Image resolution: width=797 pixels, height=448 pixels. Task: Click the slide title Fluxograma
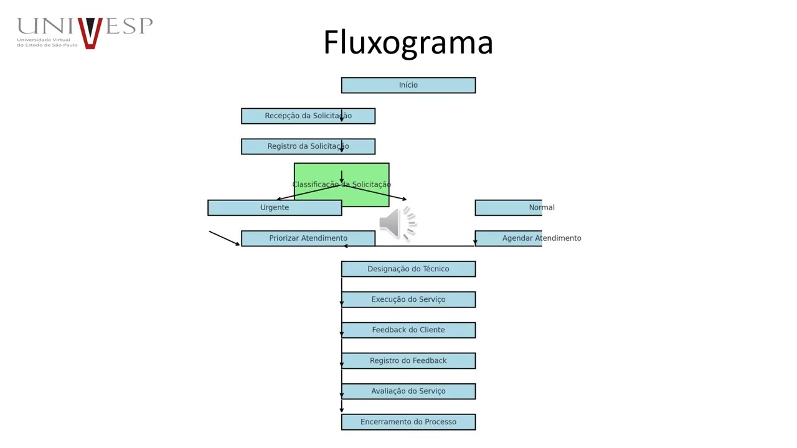tap(408, 42)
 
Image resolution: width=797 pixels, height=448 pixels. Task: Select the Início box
tap(408, 85)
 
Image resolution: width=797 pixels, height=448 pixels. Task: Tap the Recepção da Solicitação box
tap(308, 116)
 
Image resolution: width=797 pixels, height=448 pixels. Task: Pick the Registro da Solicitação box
tap(308, 146)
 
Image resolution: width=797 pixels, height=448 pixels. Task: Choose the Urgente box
tap(275, 208)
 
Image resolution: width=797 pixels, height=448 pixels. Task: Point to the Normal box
tap(509, 208)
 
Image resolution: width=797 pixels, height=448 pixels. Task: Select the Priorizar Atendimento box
tap(308, 238)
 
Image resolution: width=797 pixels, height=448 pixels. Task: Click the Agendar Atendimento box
tap(509, 238)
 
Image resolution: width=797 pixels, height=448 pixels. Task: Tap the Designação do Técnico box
tap(408, 269)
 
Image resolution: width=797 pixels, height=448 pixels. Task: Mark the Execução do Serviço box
tap(408, 299)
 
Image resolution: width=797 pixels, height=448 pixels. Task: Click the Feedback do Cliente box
tap(408, 330)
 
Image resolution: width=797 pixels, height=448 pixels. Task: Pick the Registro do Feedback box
tap(408, 361)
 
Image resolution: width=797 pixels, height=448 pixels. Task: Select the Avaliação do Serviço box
tap(408, 391)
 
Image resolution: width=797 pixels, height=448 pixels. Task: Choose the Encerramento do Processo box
tap(408, 422)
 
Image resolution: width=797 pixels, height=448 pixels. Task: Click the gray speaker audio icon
tap(397, 223)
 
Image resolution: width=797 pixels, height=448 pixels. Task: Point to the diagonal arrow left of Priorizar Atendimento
tap(224, 238)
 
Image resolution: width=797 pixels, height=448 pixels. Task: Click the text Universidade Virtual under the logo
tap(44, 40)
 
